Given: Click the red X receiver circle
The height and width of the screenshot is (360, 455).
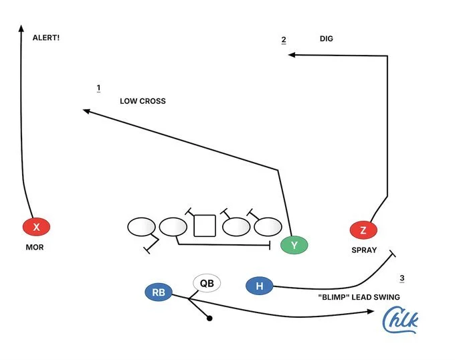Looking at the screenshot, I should [x=36, y=228].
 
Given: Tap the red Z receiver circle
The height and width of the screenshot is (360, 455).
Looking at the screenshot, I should [x=363, y=230].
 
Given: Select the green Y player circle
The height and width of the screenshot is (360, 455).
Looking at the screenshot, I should [x=294, y=246].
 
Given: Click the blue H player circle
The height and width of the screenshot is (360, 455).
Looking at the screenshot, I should [x=260, y=286].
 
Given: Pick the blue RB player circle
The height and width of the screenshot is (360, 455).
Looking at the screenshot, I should [x=159, y=292].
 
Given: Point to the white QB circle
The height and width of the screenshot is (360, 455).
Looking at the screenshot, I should [x=207, y=283].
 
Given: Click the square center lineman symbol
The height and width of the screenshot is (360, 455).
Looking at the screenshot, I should [x=204, y=226].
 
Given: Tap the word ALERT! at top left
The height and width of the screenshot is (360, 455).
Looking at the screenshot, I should [x=46, y=38].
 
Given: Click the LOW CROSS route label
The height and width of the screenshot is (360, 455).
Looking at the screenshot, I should [x=143, y=101].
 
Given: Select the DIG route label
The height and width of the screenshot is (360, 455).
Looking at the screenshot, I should [x=326, y=39].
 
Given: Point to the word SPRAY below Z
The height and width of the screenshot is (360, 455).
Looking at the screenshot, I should [x=364, y=250].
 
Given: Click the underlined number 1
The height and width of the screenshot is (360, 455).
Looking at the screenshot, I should [x=98, y=88].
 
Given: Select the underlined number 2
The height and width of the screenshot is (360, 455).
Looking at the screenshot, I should [x=284, y=39].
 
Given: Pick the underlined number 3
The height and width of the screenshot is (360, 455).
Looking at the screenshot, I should [x=401, y=278].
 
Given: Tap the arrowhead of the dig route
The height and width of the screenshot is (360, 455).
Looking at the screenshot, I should [x=291, y=55].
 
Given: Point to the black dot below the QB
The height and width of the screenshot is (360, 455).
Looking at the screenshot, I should [x=209, y=319].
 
